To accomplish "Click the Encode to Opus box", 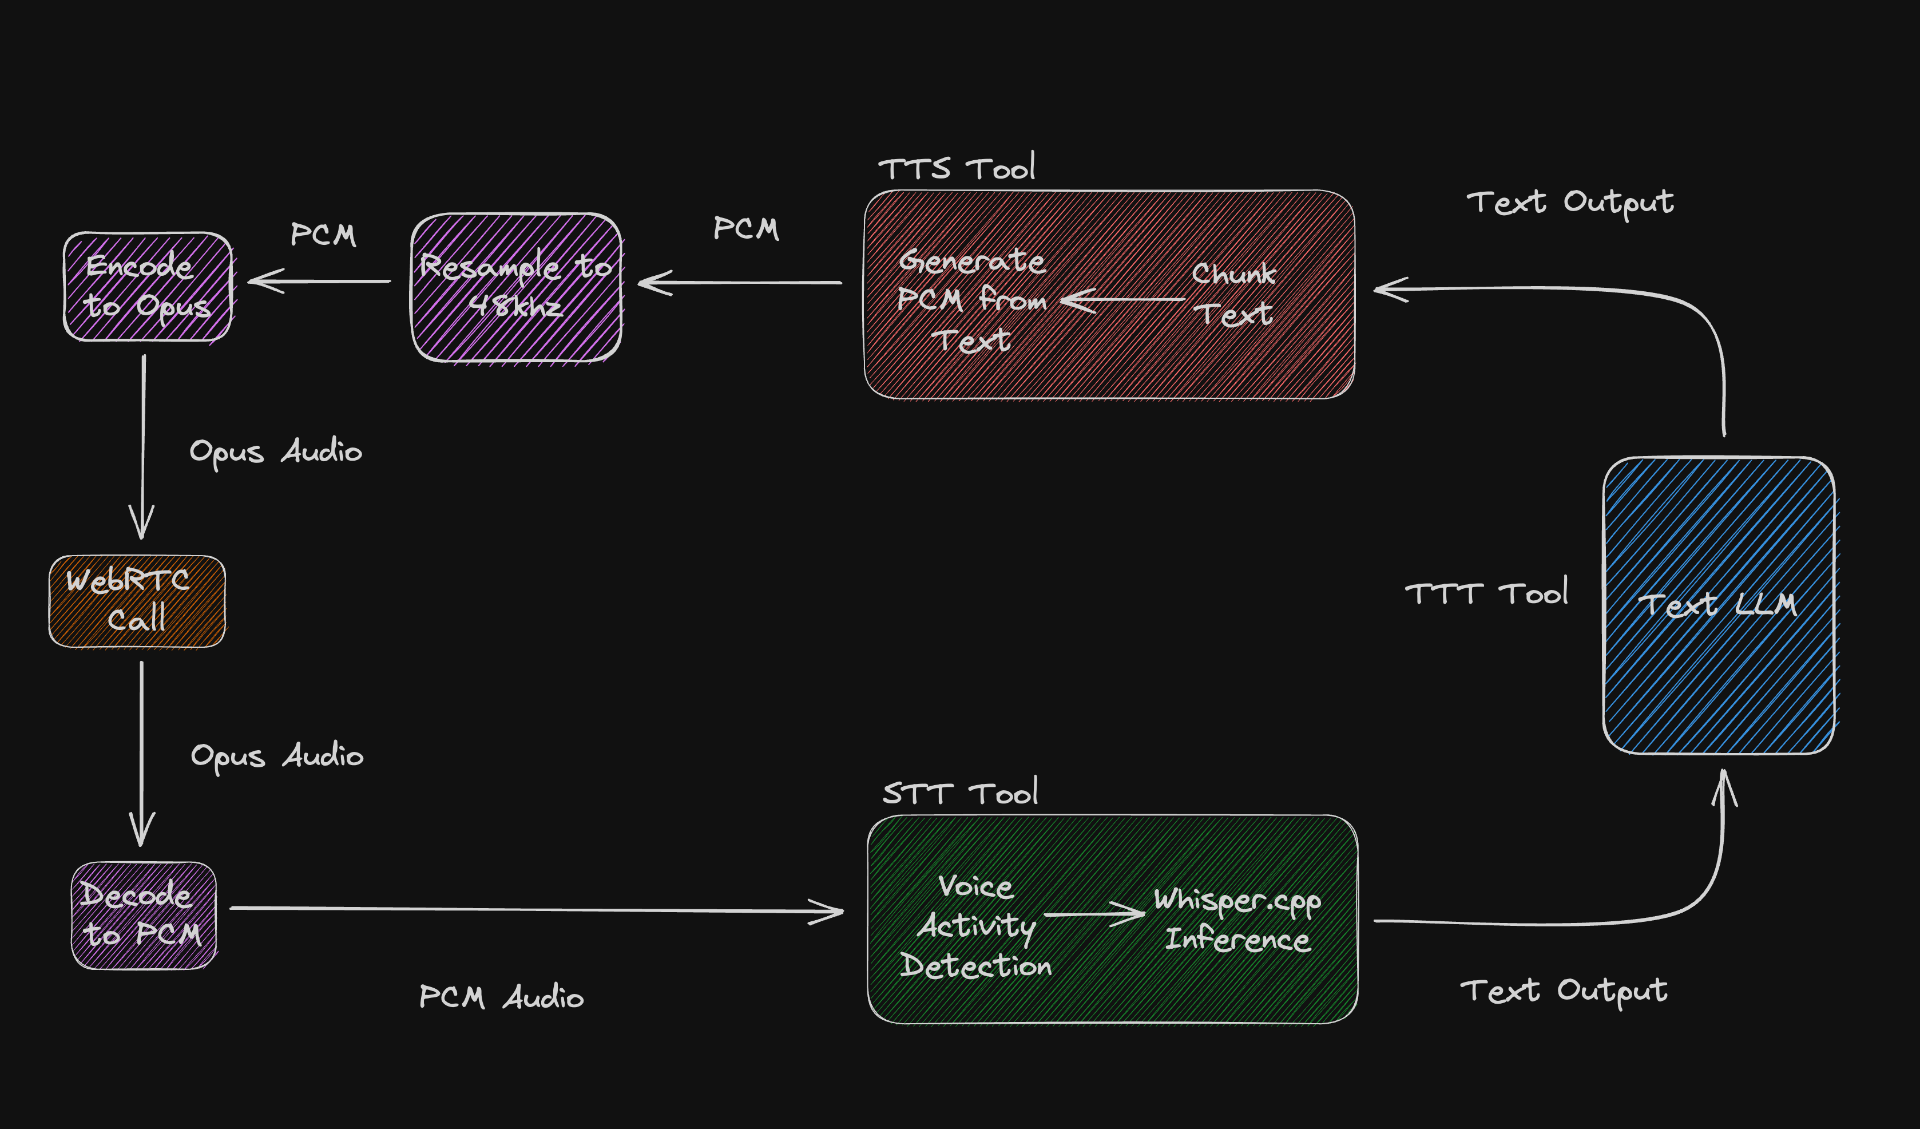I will coord(147,287).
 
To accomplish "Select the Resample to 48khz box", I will coord(516,287).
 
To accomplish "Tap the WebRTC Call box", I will coord(137,601).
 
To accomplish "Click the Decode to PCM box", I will coord(143,915).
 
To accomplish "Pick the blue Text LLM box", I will coord(1718,605).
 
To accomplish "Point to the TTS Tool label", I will coord(956,168).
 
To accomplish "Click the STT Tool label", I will coord(960,794).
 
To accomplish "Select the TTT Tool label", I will coord(1486,593).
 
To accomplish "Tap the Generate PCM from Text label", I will coord(972,300).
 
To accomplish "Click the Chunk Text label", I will coord(1233,294).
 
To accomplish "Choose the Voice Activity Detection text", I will coord(976,926).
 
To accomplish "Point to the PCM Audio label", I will coord(501,996).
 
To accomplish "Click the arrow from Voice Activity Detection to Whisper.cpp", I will coord(1094,914).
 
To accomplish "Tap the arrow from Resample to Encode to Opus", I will coord(320,281).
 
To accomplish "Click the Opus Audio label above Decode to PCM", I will coord(276,756).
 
